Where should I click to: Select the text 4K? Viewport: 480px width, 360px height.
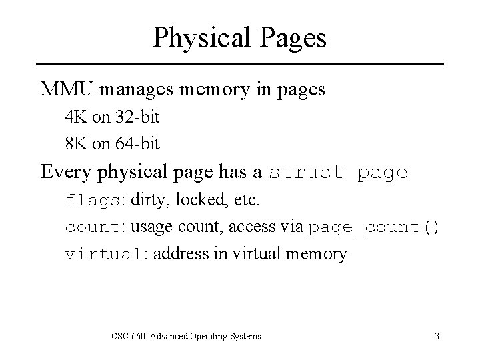click(x=76, y=118)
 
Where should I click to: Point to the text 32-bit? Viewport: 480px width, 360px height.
click(x=137, y=118)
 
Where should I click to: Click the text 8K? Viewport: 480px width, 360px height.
click(x=76, y=143)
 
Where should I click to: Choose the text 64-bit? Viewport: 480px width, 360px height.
click(x=137, y=143)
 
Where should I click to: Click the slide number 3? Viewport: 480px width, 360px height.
click(x=437, y=336)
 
